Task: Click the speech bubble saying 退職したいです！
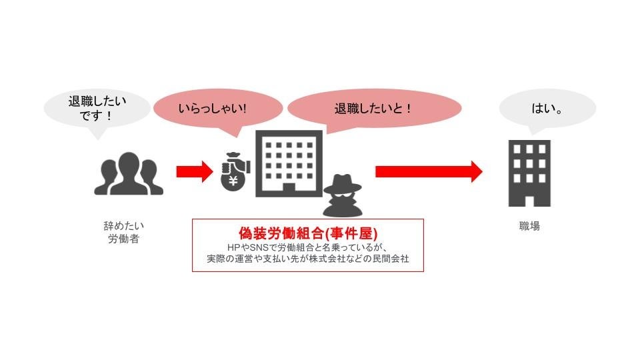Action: [x=97, y=109]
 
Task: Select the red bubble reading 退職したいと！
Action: [x=373, y=107]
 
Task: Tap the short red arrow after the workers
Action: [x=193, y=171]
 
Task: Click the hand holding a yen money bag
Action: [x=235, y=172]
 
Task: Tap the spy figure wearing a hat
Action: [x=343, y=195]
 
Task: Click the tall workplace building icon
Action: [x=530, y=173]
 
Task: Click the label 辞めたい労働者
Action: [x=123, y=233]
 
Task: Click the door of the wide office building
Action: [x=289, y=187]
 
